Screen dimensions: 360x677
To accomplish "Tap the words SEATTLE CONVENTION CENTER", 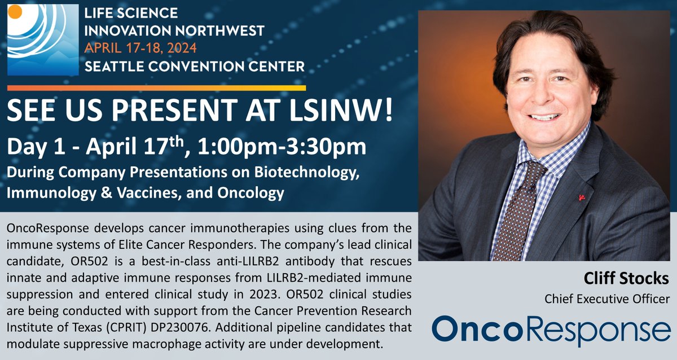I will (x=195, y=66).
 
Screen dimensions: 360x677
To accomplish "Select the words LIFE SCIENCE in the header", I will (x=131, y=12).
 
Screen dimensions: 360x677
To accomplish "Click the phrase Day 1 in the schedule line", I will (x=34, y=148).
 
